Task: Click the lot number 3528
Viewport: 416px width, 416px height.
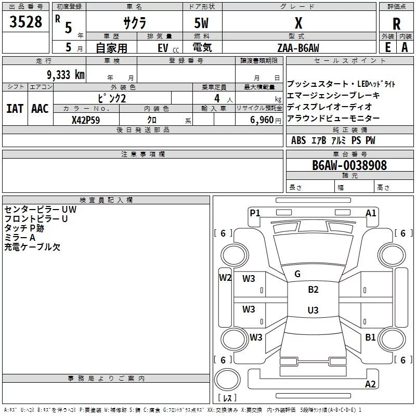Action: pyautogui.click(x=25, y=21)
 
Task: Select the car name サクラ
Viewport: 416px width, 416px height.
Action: pyautogui.click(x=135, y=23)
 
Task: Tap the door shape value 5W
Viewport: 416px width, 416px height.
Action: pyautogui.click(x=201, y=23)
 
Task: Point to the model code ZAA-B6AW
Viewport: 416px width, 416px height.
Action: pyautogui.click(x=298, y=48)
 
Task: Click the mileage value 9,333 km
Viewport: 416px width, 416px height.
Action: pyautogui.click(x=66, y=75)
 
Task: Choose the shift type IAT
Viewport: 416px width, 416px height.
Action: pyautogui.click(x=15, y=109)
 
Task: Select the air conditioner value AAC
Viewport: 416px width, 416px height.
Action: pyautogui.click(x=40, y=109)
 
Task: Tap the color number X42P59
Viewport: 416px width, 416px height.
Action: pyautogui.click(x=86, y=120)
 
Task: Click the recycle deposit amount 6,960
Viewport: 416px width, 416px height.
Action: pyautogui.click(x=262, y=120)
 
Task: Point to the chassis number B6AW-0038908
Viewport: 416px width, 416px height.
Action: pyautogui.click(x=349, y=165)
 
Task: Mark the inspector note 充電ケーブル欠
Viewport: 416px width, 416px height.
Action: pyautogui.click(x=32, y=247)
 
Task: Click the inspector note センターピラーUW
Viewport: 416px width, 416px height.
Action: pyautogui.click(x=41, y=210)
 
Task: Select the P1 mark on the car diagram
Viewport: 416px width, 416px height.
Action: pyautogui.click(x=255, y=213)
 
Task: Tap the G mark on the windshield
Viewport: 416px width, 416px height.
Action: pyautogui.click(x=297, y=274)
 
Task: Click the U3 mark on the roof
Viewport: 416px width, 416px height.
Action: pyautogui.click(x=313, y=310)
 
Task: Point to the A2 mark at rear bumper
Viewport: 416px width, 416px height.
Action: pyautogui.click(x=370, y=384)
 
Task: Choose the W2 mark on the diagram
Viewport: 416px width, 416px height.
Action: pyautogui.click(x=225, y=278)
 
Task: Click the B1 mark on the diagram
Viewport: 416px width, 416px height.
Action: pyautogui.click(x=370, y=337)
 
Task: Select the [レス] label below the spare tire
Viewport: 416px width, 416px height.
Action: pyautogui.click(x=227, y=398)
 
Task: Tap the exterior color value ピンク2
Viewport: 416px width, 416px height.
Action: pyautogui.click(x=112, y=98)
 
